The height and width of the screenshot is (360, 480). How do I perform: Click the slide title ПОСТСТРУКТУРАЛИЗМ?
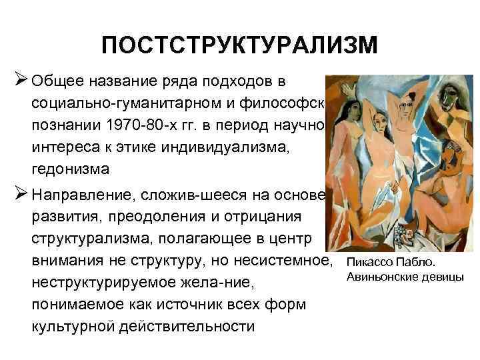point(239,46)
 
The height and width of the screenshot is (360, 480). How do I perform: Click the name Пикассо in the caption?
point(372,262)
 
